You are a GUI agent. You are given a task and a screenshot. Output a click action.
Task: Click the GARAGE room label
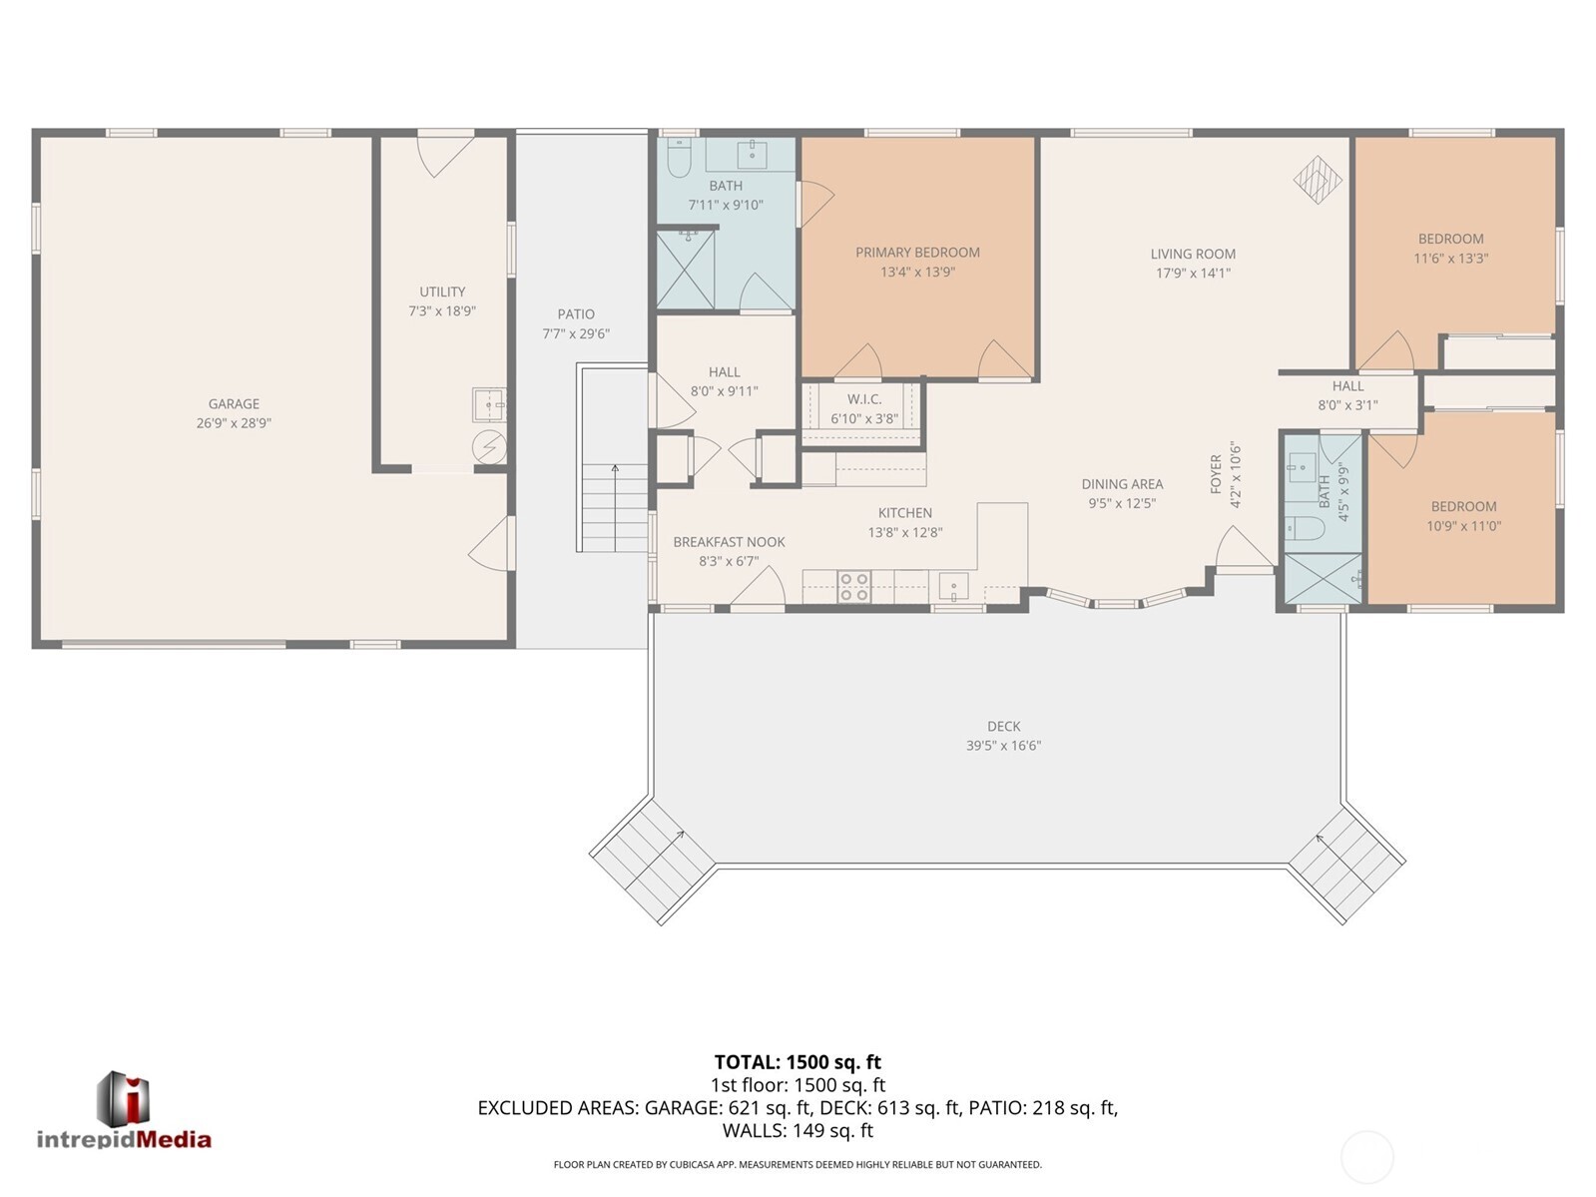(x=234, y=403)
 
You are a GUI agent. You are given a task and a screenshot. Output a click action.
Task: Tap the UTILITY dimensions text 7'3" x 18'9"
(x=442, y=310)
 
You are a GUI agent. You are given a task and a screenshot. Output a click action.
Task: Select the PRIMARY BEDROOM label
(x=917, y=252)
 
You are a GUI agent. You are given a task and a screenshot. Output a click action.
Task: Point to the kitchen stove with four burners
(x=853, y=586)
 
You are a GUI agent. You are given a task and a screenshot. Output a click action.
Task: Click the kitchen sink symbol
(x=953, y=586)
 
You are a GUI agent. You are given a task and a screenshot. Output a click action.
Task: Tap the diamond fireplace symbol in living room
(x=1318, y=180)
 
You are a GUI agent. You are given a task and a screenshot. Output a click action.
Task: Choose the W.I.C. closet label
(x=864, y=398)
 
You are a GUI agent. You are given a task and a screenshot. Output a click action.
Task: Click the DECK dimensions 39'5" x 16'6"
(x=1003, y=745)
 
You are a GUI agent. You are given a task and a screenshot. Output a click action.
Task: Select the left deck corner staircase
(x=653, y=861)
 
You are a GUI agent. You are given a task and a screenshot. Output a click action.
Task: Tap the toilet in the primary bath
(x=680, y=157)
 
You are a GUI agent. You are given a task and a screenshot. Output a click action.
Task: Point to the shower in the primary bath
(x=686, y=270)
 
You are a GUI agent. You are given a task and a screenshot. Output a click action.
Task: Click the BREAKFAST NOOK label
(x=729, y=541)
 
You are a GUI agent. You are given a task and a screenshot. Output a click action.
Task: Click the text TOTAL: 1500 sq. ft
(x=798, y=1062)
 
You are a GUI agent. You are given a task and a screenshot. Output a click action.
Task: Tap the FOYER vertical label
(x=1216, y=474)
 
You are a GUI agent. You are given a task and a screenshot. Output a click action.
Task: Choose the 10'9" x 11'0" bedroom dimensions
(x=1463, y=526)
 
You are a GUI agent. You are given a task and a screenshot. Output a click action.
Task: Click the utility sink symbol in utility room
(x=488, y=405)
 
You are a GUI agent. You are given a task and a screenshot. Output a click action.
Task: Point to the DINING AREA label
(x=1122, y=484)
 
